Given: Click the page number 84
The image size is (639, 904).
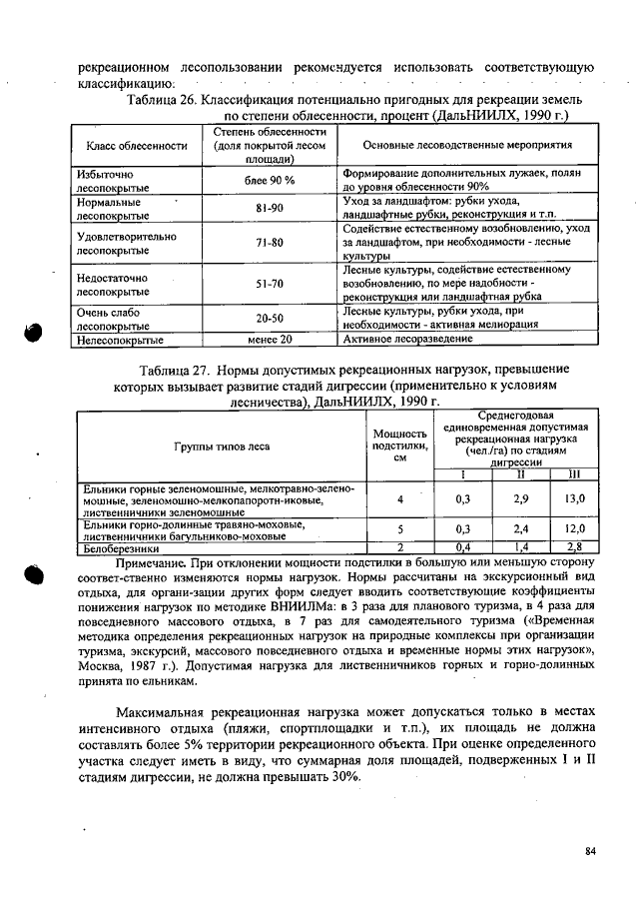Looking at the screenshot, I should (x=590, y=851).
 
